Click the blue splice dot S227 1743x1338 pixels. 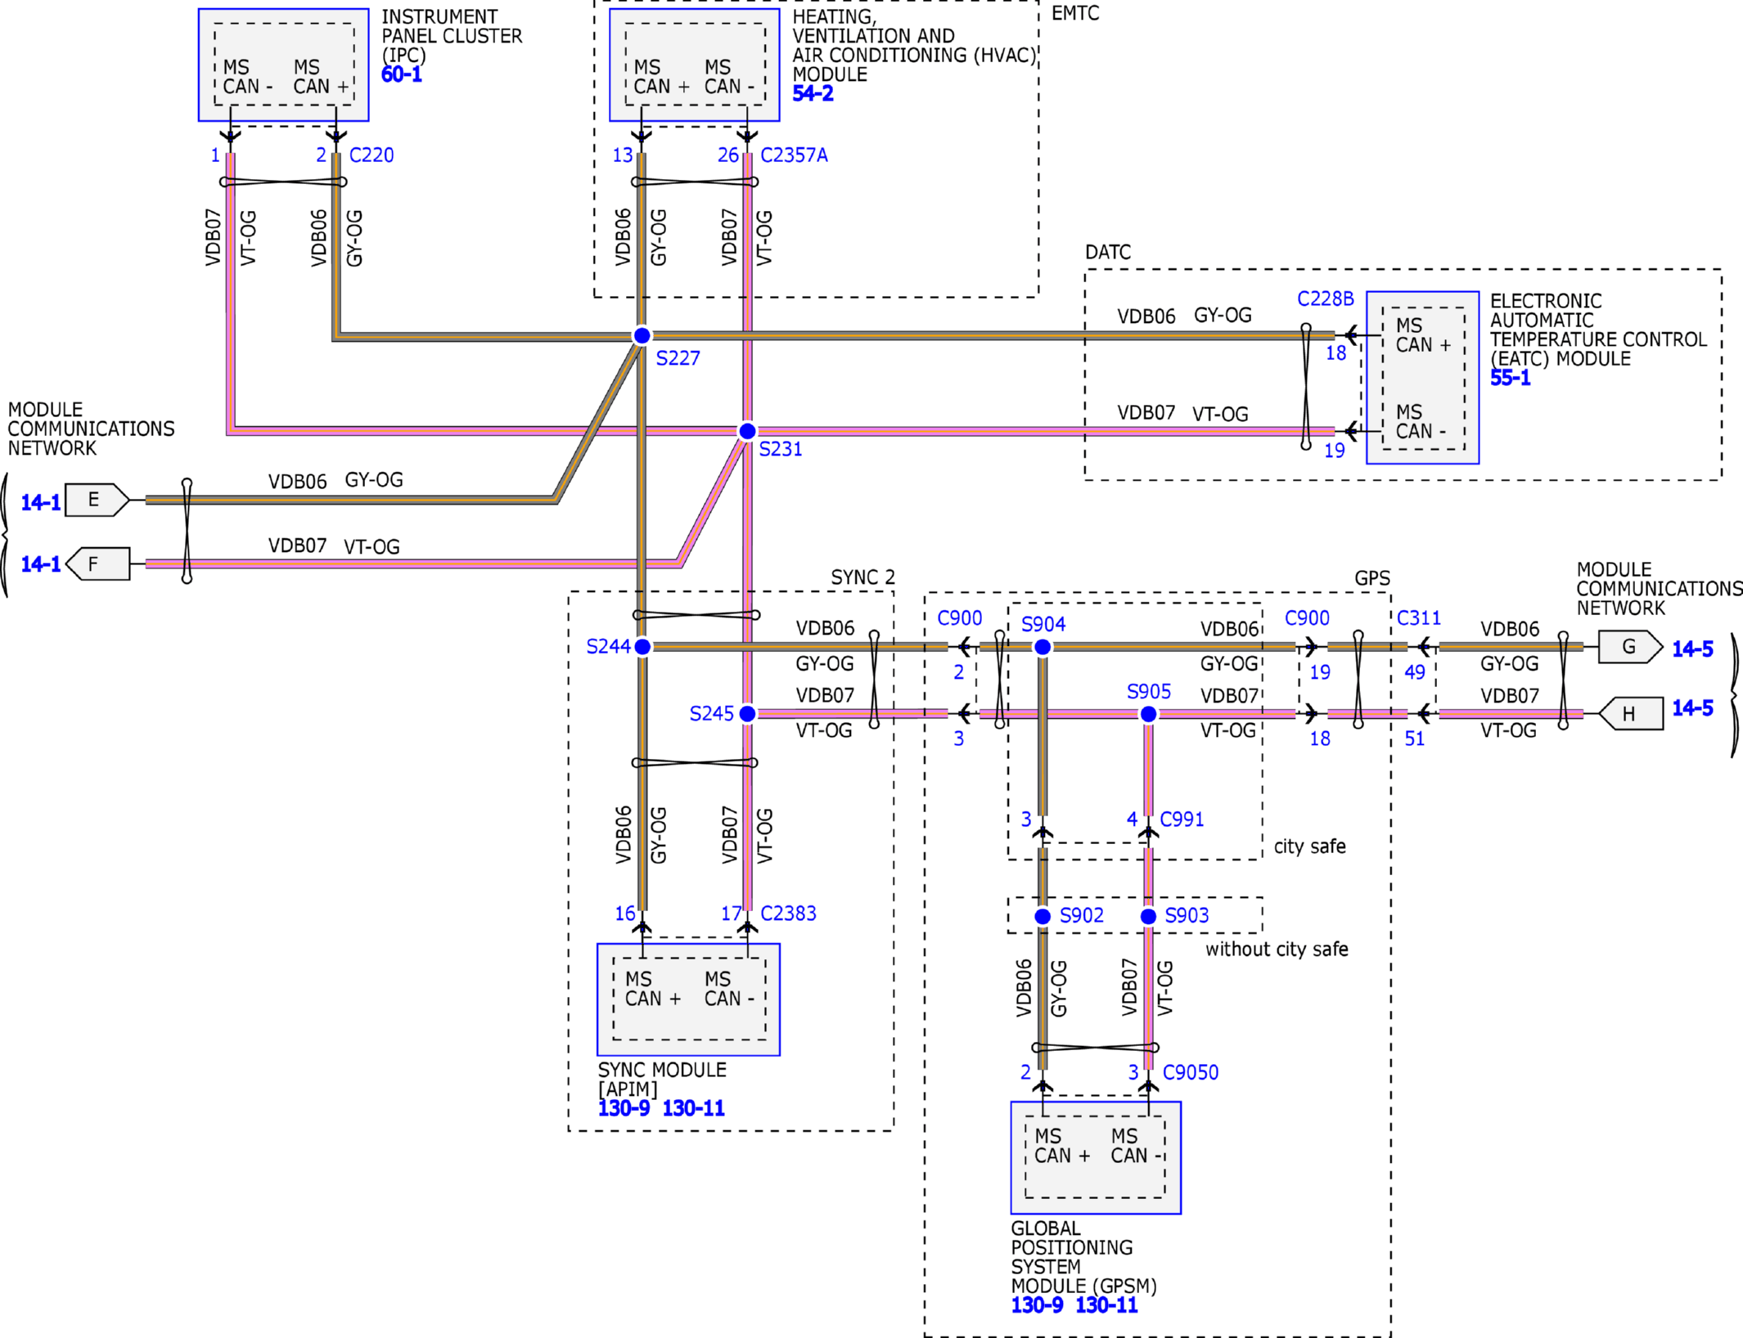(x=642, y=335)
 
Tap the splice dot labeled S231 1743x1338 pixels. (x=747, y=431)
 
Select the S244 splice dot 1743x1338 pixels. (x=643, y=647)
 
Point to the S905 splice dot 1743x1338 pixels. (x=1149, y=714)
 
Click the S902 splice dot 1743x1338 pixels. (x=1043, y=916)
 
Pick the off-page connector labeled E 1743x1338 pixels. (x=97, y=500)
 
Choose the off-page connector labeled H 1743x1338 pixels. (x=1631, y=713)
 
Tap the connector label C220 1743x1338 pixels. (x=372, y=155)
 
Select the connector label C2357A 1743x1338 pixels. (x=794, y=155)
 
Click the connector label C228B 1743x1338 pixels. (x=1326, y=299)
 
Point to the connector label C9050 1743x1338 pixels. (x=1191, y=1072)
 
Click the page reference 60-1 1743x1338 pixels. (x=402, y=74)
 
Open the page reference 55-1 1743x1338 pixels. (x=1511, y=378)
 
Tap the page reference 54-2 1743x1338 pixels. (x=813, y=93)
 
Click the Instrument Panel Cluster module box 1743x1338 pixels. (x=284, y=65)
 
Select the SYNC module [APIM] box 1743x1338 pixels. (x=688, y=999)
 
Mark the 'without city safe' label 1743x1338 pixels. (x=1277, y=950)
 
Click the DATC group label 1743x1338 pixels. (x=1108, y=252)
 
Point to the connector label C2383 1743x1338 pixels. (x=788, y=914)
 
